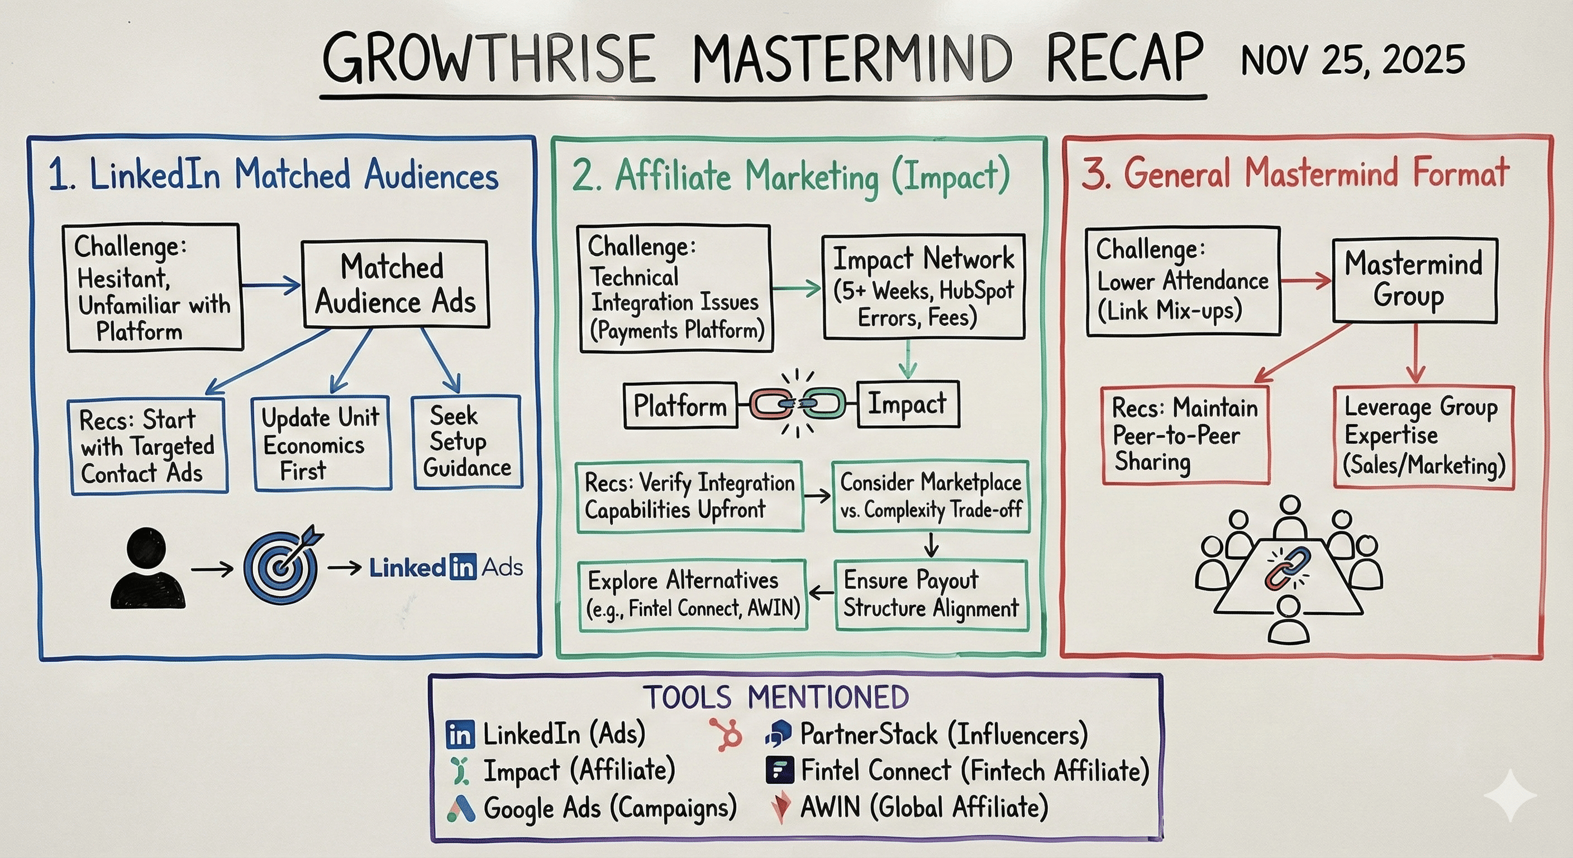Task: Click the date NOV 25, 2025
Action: [x=1352, y=60]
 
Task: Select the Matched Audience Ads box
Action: [x=395, y=284]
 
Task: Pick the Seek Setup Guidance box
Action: [x=468, y=441]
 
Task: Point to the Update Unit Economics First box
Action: [x=322, y=444]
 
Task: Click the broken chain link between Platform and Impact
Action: [x=798, y=404]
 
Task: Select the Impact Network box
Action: [x=923, y=287]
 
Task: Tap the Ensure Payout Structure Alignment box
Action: [x=931, y=594]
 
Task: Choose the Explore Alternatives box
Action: [x=693, y=594]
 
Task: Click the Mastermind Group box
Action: [x=1414, y=280]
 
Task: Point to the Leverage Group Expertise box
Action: [x=1423, y=436]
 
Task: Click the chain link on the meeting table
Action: [x=1289, y=568]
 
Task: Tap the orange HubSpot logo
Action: [x=727, y=733]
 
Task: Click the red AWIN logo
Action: [x=780, y=807]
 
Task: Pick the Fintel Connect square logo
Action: [x=780, y=770]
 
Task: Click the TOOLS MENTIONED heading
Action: [x=775, y=697]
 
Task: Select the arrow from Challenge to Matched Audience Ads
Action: [x=270, y=284]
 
